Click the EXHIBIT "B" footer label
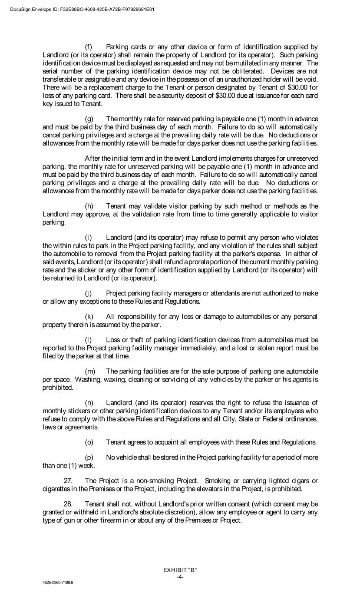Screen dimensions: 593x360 tap(180, 570)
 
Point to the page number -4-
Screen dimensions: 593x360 tap(180, 576)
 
